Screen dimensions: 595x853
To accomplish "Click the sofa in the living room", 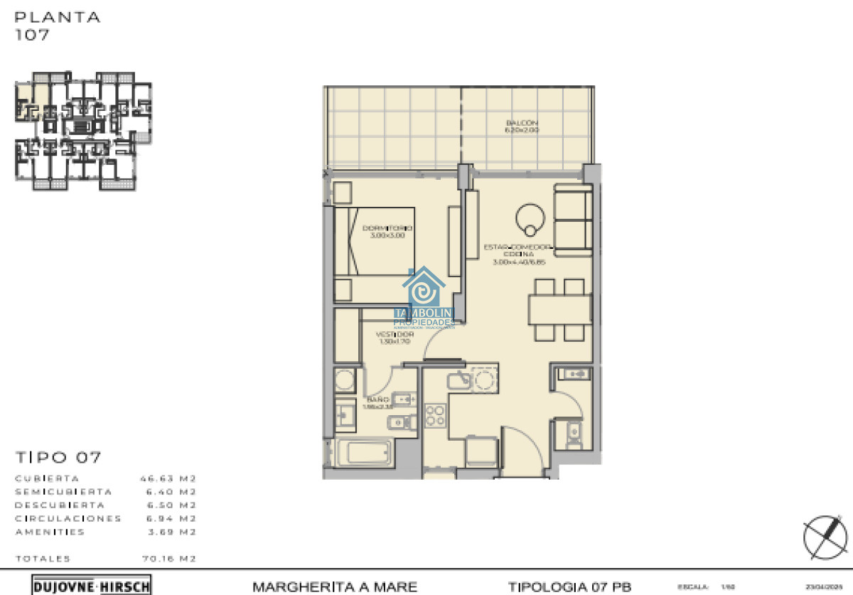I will pos(573,220).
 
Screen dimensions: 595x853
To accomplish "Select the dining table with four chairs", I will pos(559,309).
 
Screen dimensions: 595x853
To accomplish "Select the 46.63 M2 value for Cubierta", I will pos(168,478).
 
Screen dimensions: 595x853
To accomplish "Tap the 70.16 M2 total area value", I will pos(168,559).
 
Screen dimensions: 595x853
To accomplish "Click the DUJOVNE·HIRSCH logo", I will pos(92,586).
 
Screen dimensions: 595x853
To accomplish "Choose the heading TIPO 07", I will pos(58,457).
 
